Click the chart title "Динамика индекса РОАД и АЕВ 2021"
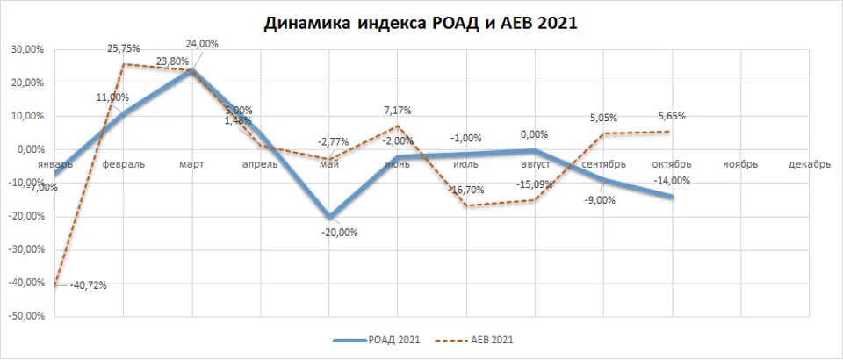(x=420, y=24)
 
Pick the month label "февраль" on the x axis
(x=124, y=164)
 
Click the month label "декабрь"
(x=809, y=164)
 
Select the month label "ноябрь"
(x=740, y=164)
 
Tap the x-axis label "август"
(x=535, y=164)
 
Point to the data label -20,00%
(x=339, y=232)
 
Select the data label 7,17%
(x=398, y=111)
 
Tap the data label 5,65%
(x=671, y=115)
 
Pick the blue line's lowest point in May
(x=329, y=216)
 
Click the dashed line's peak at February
(x=124, y=64)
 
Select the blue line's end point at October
(x=673, y=196)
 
